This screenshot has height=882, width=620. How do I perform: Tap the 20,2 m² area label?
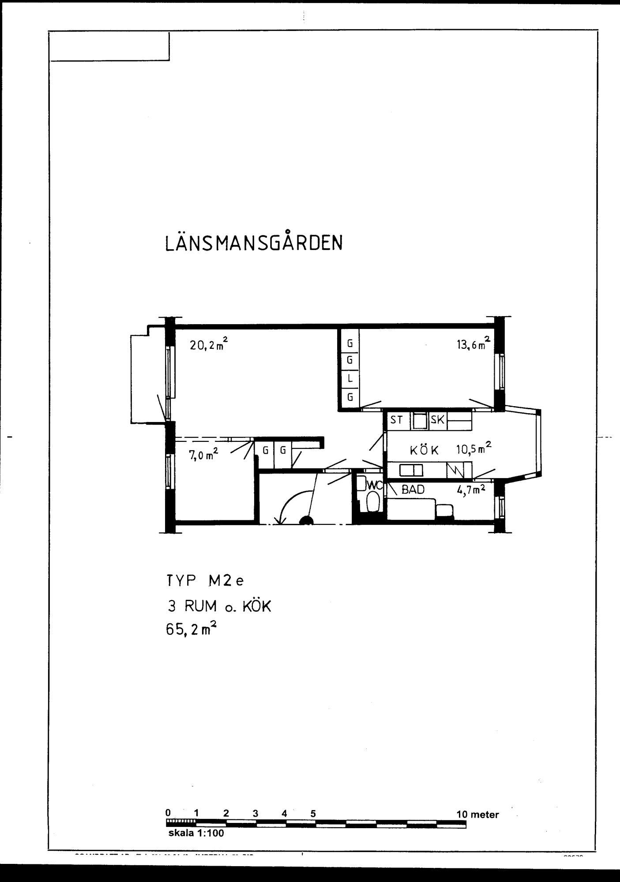point(209,344)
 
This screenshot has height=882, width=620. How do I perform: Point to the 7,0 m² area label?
point(204,455)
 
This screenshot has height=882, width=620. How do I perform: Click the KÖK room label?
point(425,450)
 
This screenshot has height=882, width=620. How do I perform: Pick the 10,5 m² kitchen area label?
point(473,448)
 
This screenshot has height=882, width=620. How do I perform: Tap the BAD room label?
point(413,490)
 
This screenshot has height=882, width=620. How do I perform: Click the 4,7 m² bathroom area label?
point(471,490)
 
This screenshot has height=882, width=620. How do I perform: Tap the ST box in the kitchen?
point(396,420)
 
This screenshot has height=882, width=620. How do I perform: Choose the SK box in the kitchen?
point(437,420)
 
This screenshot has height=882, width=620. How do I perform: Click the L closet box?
point(350,378)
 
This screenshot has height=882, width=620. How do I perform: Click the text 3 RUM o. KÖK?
point(219,607)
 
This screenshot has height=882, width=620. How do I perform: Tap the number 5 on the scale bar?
point(313,814)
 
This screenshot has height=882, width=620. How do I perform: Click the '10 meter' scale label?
point(477,815)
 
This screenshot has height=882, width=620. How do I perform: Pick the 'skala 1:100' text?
point(196,833)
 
